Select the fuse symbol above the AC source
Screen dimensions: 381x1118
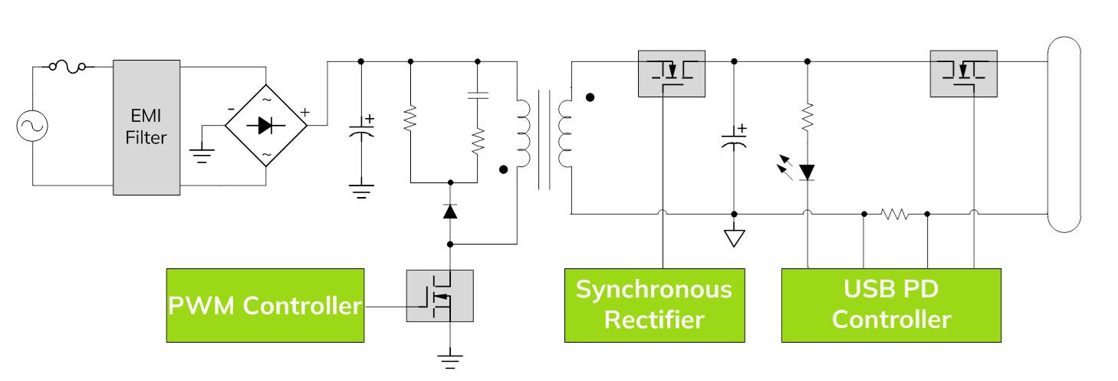pyautogui.click(x=67, y=67)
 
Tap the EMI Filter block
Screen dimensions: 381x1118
pyautogui.click(x=146, y=127)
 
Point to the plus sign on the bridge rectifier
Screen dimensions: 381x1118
pyautogui.click(x=304, y=113)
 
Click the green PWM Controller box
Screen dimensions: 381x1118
pyautogui.click(x=265, y=305)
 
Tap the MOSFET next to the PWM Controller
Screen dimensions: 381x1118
pyautogui.click(x=439, y=296)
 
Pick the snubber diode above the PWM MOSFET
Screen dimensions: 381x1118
pyautogui.click(x=450, y=211)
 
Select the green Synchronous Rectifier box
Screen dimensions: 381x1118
pyautogui.click(x=654, y=305)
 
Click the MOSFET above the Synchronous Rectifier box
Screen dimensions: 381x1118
pyautogui.click(x=672, y=74)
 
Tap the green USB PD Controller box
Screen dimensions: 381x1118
pyautogui.click(x=891, y=305)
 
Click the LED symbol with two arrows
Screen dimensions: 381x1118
pyautogui.click(x=805, y=171)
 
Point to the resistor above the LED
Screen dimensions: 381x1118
pyautogui.click(x=807, y=117)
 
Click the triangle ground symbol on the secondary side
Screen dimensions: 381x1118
pyautogui.click(x=734, y=238)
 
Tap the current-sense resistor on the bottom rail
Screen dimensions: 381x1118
pyautogui.click(x=895, y=214)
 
